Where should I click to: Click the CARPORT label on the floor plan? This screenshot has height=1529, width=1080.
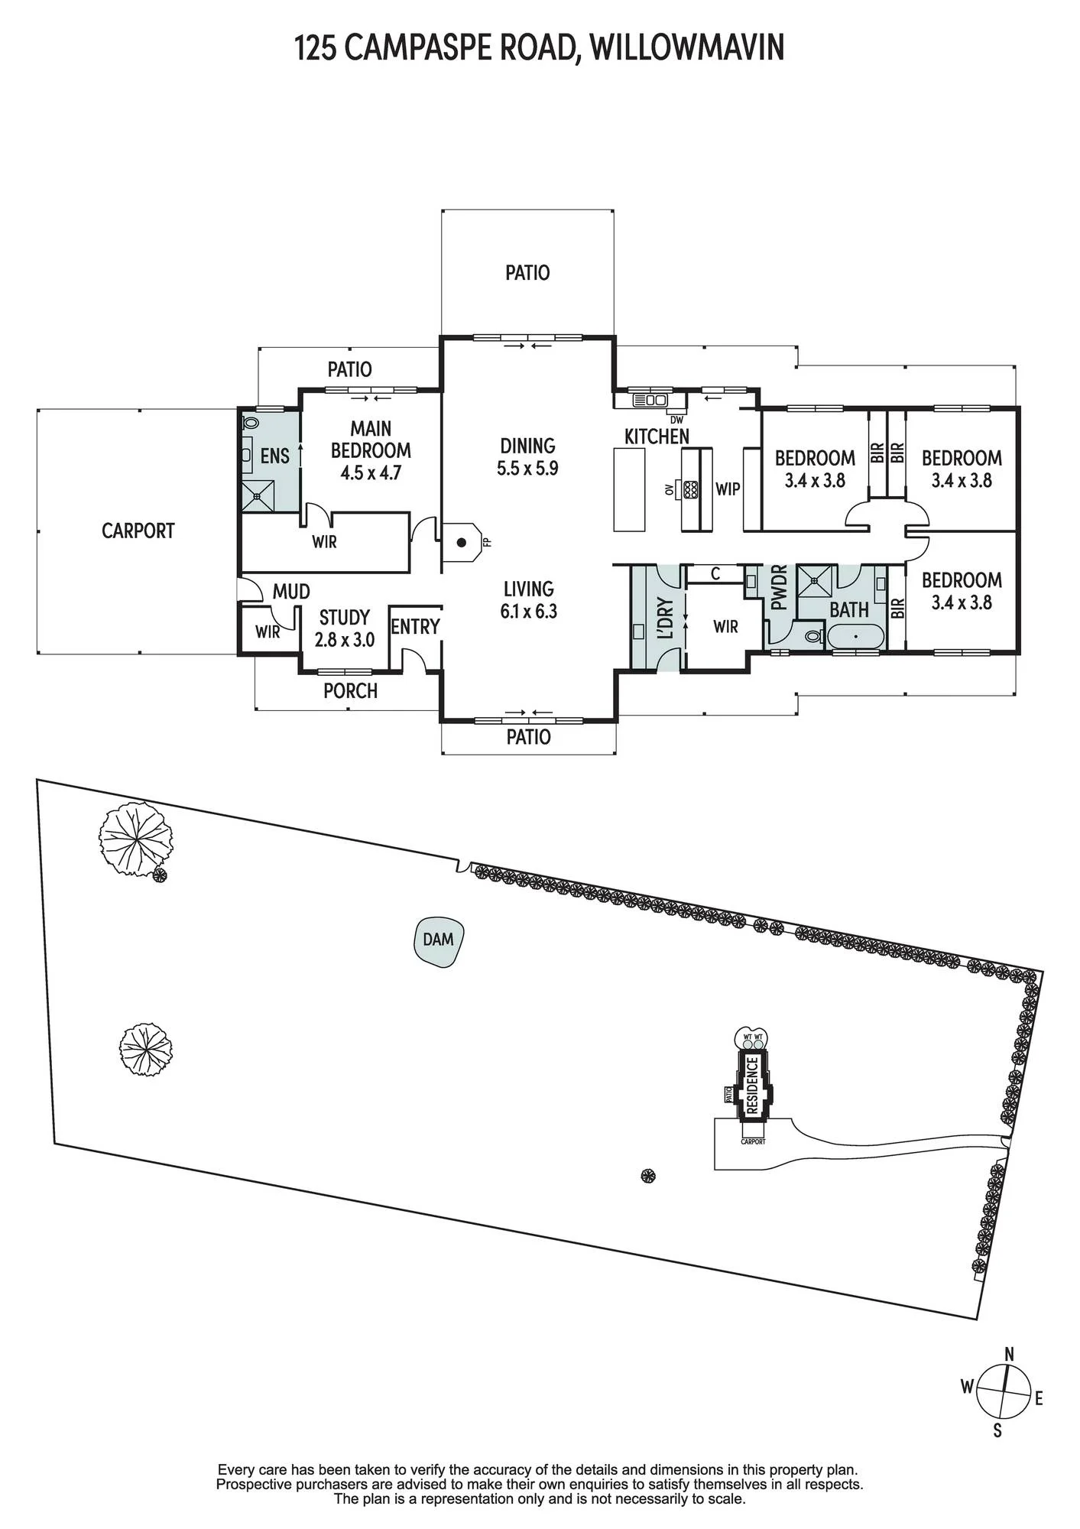138,531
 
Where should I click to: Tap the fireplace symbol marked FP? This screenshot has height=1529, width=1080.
462,542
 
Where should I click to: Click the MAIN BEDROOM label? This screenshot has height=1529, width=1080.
371,440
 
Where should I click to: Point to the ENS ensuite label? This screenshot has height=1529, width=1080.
275,456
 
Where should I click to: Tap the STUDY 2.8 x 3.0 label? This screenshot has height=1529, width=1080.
345,628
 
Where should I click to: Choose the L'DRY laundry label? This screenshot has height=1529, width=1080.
665,618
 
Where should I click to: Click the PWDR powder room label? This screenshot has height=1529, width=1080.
779,587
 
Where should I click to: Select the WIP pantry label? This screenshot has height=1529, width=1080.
728,489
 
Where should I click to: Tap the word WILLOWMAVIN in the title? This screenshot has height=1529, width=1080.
687,47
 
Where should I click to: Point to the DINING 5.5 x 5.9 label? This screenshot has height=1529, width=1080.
527,457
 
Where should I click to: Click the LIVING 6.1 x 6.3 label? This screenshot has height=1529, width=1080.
528,600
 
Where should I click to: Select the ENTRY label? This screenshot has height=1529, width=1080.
415,627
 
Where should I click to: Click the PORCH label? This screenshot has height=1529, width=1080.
350,691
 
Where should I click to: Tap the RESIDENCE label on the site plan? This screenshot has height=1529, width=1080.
753,1085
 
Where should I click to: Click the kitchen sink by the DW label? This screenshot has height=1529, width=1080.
650,400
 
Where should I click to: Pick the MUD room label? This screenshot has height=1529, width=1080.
291,592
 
